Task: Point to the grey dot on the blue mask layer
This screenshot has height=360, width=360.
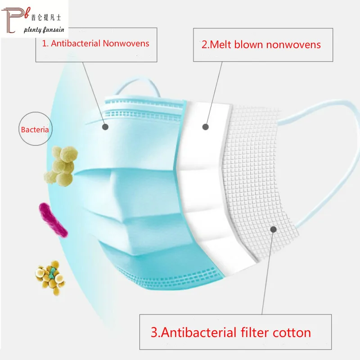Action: [x=105, y=127]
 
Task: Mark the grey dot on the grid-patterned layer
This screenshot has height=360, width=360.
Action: [x=273, y=229]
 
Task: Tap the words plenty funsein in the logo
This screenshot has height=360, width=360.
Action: [x=45, y=30]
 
